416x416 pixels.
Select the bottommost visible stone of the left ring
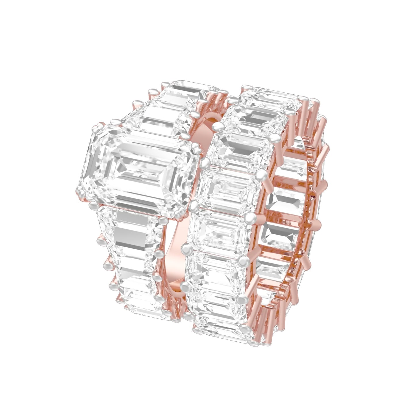(x=141, y=302)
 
